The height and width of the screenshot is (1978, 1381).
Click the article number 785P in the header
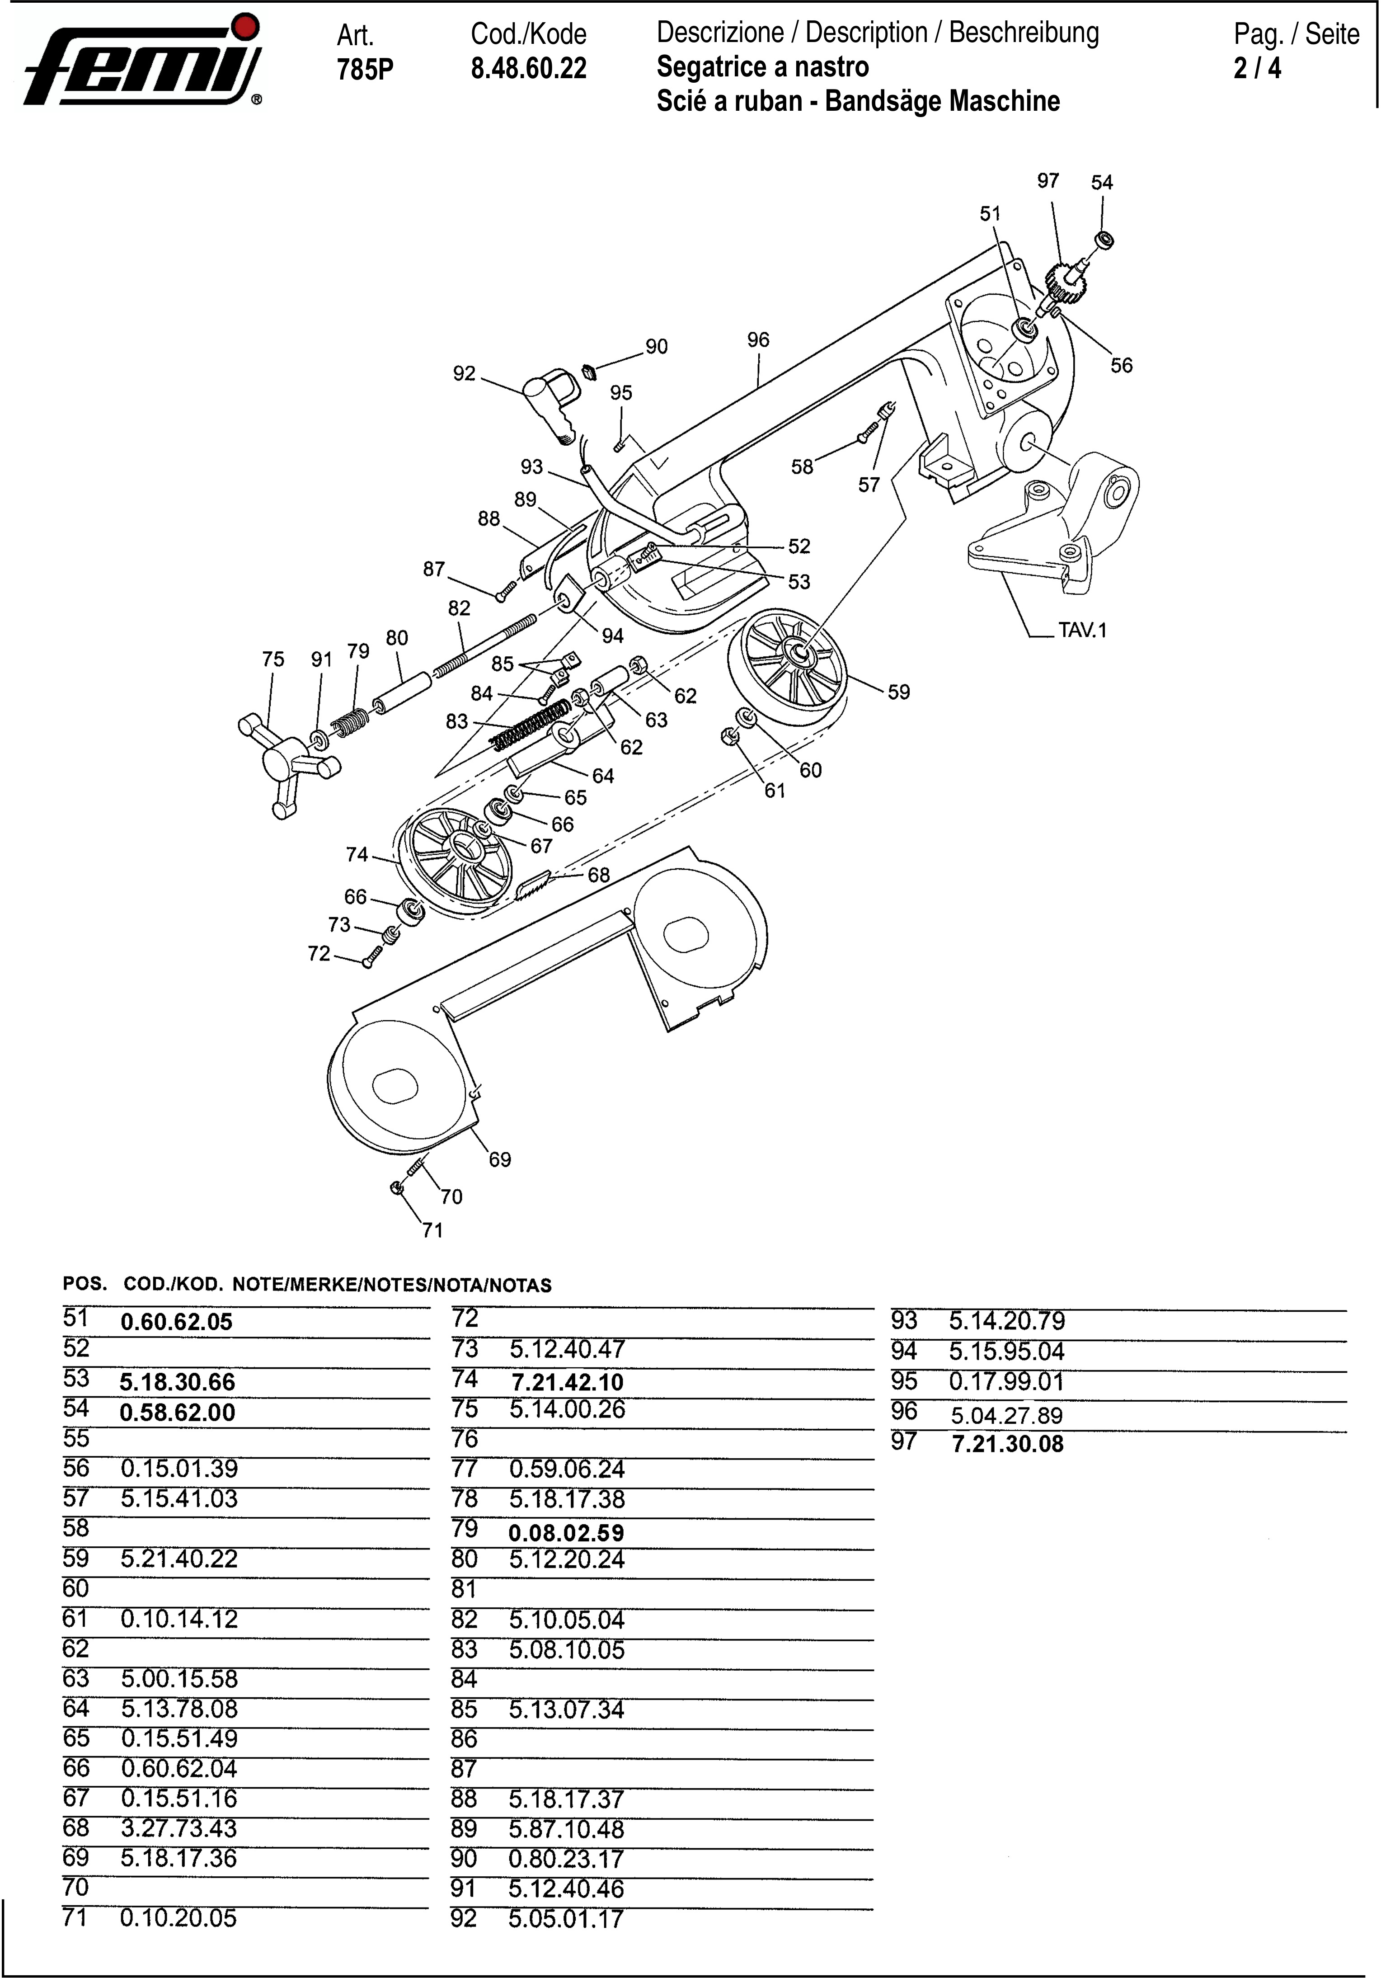[364, 69]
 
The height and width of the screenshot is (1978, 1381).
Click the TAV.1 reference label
[1082, 630]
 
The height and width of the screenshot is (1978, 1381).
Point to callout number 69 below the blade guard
[500, 1159]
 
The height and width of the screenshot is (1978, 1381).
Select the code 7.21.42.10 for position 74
[567, 1383]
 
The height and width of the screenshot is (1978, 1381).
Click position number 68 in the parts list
[76, 1827]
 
